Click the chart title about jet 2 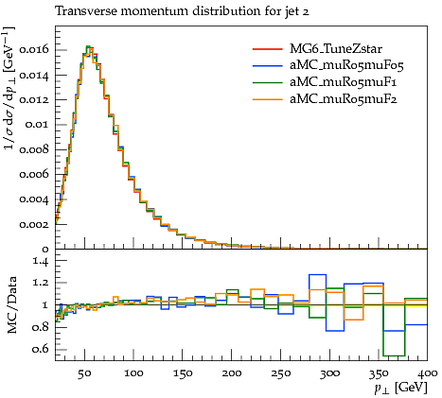[182, 11]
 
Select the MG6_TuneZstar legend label [336, 49]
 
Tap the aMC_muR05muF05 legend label [346, 65]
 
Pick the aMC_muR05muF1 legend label [344, 82]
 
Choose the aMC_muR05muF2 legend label [344, 99]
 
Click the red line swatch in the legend [267, 49]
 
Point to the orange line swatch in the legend [267, 99]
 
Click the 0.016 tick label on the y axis [34, 50]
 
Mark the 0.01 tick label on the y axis [37, 125]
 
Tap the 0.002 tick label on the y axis [34, 224]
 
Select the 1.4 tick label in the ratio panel [41, 261]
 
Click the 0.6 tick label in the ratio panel [41, 350]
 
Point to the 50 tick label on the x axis [84, 373]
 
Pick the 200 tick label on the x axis [232, 373]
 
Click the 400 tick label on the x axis [428, 373]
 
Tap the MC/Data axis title [12, 305]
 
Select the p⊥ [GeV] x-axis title [400, 388]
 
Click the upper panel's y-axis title [9, 88]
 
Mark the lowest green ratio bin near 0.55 [394, 355]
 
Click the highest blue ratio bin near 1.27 [317, 275]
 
